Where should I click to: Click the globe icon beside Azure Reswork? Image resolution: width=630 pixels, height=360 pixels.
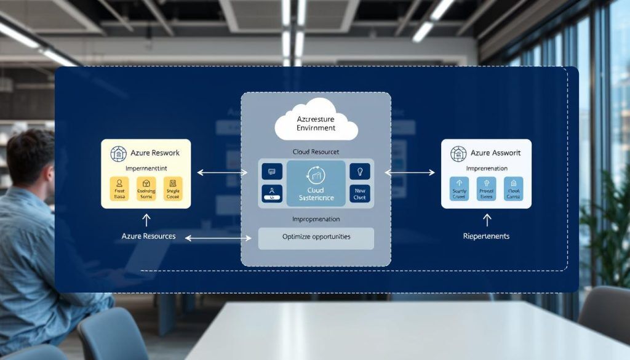(118, 154)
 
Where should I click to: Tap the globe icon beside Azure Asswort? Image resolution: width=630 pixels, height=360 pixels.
(458, 154)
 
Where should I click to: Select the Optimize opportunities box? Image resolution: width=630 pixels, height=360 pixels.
(316, 238)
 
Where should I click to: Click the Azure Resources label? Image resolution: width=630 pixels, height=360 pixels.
(148, 236)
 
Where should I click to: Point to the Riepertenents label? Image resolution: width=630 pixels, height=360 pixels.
(486, 236)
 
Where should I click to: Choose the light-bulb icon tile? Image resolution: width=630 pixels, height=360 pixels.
(360, 171)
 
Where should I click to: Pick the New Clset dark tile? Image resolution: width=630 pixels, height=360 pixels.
(360, 193)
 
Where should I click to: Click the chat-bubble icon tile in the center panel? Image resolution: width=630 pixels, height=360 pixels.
(272, 171)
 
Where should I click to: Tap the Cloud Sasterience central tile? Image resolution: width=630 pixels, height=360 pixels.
(316, 183)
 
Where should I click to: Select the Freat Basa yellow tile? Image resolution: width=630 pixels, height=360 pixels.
(119, 189)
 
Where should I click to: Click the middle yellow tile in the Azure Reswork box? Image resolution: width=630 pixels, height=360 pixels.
(146, 189)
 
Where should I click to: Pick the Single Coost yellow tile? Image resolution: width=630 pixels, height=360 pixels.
(173, 189)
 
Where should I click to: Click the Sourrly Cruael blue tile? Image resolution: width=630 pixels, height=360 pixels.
(459, 189)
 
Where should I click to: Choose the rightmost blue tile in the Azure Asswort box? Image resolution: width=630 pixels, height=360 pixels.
(513, 189)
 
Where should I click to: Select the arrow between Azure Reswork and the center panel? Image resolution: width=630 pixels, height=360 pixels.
(221, 173)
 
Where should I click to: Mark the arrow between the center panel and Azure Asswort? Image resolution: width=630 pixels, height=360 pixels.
(409, 173)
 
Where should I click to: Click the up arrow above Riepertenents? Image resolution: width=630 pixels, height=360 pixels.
(487, 220)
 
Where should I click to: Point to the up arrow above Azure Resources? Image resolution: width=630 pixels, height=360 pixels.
(146, 220)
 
